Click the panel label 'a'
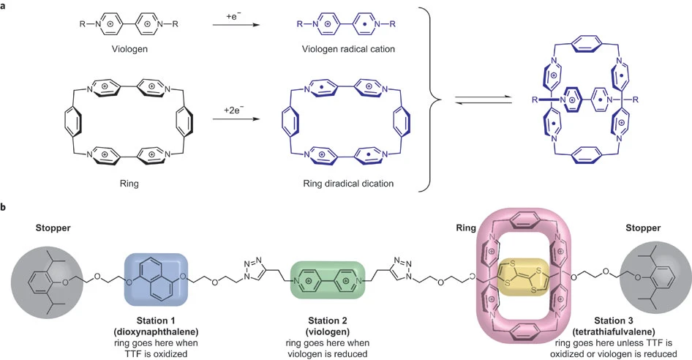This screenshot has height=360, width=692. (5, 7)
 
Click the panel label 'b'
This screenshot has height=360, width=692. (5, 207)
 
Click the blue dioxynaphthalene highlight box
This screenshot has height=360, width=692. (156, 277)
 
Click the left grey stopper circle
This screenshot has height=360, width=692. (45, 280)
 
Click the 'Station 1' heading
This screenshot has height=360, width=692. (157, 319)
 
